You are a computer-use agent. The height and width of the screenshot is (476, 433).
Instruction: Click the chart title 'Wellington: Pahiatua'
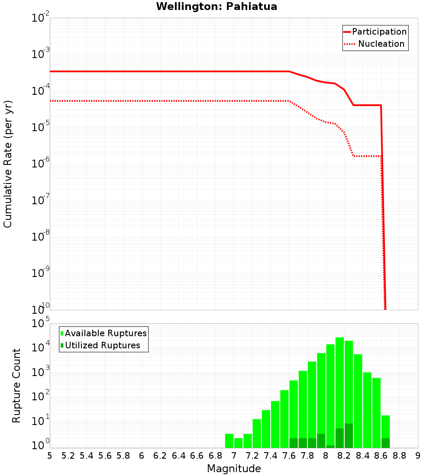click(216, 6)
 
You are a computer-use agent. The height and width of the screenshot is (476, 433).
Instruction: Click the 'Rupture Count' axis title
click(16, 386)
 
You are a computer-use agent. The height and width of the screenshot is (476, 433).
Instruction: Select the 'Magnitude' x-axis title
click(234, 469)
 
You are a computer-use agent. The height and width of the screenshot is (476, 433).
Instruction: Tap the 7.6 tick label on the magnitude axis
click(289, 456)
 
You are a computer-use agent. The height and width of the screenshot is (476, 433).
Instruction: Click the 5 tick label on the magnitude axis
click(50, 456)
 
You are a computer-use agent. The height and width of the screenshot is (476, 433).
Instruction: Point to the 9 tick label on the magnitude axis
click(418, 456)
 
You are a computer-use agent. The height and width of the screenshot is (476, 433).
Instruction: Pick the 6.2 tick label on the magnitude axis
click(160, 456)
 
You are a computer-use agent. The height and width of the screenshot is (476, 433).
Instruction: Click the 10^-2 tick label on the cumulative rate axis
click(41, 19)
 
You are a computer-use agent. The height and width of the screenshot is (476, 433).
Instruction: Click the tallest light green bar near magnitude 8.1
click(339, 389)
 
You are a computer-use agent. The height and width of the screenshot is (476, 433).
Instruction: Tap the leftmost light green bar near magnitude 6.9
click(229, 441)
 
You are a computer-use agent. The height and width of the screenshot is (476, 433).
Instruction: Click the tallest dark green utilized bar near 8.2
click(349, 435)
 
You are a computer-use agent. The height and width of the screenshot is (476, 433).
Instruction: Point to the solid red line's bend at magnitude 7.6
click(289, 71)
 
